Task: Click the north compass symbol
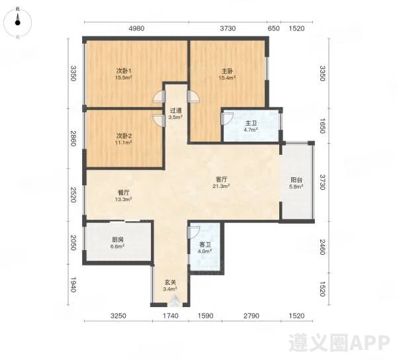click(x=17, y=22)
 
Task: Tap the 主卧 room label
click(x=227, y=71)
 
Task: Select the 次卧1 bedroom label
click(x=124, y=71)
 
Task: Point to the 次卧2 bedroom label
click(x=124, y=136)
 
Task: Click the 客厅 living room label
click(x=221, y=179)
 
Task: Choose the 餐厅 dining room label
click(x=124, y=193)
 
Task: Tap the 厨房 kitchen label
click(x=118, y=240)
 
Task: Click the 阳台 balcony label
click(x=296, y=180)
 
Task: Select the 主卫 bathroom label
click(x=251, y=123)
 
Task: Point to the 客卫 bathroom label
click(x=205, y=245)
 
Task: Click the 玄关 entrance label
click(x=171, y=283)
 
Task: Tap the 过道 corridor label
click(x=175, y=111)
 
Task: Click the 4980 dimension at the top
click(x=136, y=28)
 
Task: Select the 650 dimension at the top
click(x=273, y=28)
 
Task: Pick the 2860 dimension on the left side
click(x=73, y=138)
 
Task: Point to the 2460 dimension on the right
click(x=322, y=247)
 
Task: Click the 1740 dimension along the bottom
click(x=171, y=316)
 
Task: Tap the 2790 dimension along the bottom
click(x=251, y=316)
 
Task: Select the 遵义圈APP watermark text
click(x=339, y=343)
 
